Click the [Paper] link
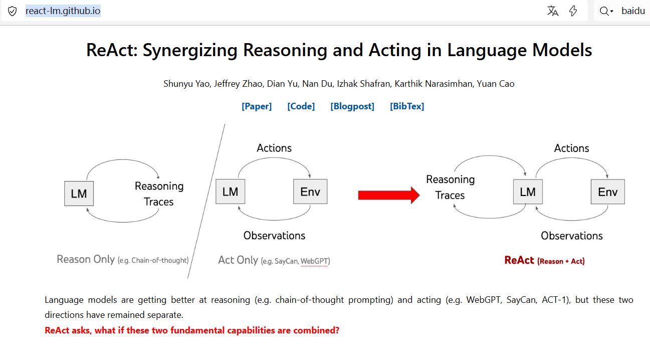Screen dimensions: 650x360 (257, 106)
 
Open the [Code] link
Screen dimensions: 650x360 (301, 106)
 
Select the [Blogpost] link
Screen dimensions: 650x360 (352, 106)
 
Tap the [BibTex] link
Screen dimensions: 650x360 (407, 106)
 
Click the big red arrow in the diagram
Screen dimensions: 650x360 (389, 195)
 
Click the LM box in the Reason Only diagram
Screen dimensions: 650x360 (79, 194)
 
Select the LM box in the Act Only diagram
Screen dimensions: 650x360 (230, 192)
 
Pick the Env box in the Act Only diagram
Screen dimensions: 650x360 (310, 192)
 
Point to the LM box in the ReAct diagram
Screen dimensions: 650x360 (528, 192)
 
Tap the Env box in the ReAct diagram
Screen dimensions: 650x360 (608, 192)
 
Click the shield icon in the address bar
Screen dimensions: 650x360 (13, 11)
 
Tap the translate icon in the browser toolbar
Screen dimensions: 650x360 (553, 11)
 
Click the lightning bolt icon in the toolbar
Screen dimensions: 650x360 (573, 11)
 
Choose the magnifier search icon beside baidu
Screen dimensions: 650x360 (605, 11)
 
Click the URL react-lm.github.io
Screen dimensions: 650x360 (63, 11)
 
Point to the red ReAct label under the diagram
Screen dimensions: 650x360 (519, 260)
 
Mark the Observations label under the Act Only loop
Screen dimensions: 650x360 (274, 236)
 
